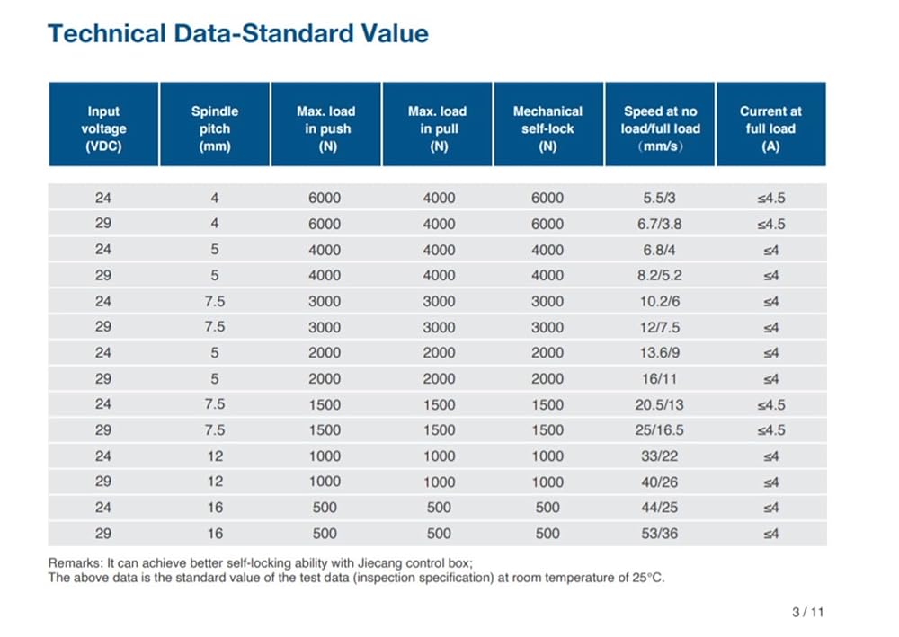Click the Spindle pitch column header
click(215, 124)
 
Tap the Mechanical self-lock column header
click(548, 124)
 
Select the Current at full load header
click(770, 124)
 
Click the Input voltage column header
click(103, 124)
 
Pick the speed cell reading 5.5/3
click(659, 199)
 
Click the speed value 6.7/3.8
click(659, 224)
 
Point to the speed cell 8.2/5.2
click(659, 276)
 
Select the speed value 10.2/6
click(659, 301)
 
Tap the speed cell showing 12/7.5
click(659, 327)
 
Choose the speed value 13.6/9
click(659, 353)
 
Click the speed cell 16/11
click(659, 378)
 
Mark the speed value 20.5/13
click(659, 404)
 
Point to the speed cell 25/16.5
click(659, 430)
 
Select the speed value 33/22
click(659, 456)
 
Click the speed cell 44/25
click(659, 508)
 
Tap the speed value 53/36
click(659, 534)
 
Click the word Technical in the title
click(107, 33)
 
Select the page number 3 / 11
click(808, 612)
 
